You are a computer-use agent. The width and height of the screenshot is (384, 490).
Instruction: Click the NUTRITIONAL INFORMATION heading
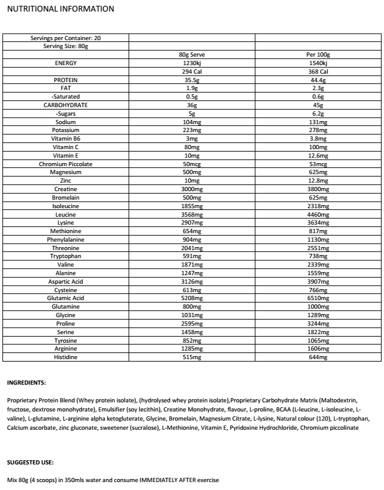(59, 9)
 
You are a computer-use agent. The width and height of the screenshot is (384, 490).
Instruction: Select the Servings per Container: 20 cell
(66, 38)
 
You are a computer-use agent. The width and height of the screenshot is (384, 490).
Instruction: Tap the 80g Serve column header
(191, 55)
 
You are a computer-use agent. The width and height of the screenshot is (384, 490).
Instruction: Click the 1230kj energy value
(191, 63)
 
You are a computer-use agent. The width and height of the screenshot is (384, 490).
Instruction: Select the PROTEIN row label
(66, 80)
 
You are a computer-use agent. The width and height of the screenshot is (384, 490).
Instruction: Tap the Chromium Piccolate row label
(66, 164)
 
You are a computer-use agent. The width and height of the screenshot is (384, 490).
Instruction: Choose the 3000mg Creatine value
(191, 189)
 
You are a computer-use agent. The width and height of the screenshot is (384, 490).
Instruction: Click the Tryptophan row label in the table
(66, 256)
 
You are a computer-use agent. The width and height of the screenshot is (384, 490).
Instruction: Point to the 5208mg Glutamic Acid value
(191, 298)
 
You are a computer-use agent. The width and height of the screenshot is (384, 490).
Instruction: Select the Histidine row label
(66, 357)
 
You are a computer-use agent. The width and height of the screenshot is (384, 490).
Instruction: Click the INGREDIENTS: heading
(26, 383)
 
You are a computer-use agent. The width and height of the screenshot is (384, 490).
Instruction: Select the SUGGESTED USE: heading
(29, 463)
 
